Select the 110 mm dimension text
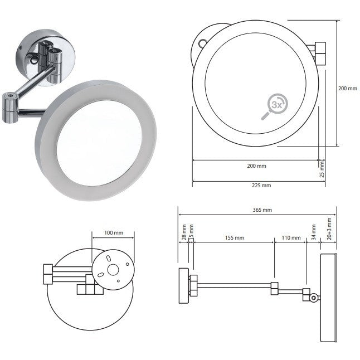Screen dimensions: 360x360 coord(291,237)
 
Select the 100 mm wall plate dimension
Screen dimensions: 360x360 coord(113,232)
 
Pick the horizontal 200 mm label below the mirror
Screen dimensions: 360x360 coord(257,166)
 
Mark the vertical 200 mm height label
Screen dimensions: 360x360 coord(348,88)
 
